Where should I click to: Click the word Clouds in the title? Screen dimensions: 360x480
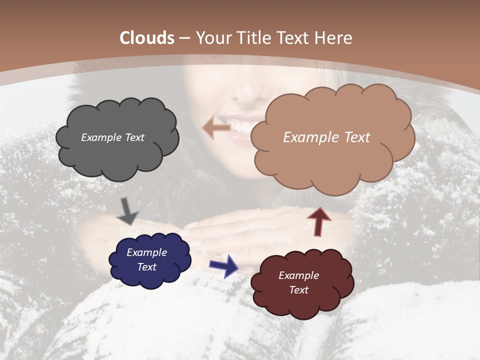[147, 38]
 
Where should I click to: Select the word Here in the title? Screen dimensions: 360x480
[333, 38]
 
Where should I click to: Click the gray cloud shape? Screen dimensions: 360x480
[117, 155]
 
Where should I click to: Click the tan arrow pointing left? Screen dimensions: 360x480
[216, 128]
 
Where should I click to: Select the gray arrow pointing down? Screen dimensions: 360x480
[127, 211]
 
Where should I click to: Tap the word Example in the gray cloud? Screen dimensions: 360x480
[100, 137]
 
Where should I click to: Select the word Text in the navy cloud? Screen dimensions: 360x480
[146, 267]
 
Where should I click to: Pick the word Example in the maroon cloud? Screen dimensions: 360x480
[298, 275]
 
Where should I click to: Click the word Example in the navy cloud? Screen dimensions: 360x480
[146, 252]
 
